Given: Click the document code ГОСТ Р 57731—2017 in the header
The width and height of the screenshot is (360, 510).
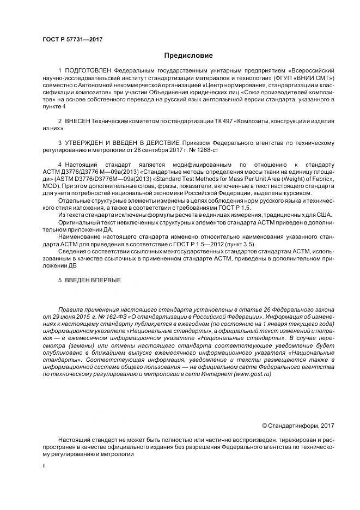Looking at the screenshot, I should [72, 39].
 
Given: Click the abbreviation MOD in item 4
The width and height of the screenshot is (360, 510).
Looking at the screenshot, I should [52, 186].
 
